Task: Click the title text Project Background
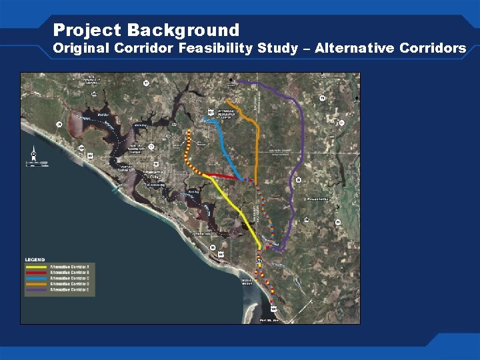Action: coord(146,30)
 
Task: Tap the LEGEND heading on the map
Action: coord(35,259)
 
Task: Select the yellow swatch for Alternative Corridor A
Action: coord(37,266)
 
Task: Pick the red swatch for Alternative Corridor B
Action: coord(37,272)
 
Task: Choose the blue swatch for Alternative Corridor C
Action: coord(37,278)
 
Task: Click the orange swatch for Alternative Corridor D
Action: coord(37,284)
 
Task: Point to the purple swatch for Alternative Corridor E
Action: coord(37,290)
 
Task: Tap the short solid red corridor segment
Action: coord(223,177)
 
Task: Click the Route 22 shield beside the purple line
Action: coord(299,180)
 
